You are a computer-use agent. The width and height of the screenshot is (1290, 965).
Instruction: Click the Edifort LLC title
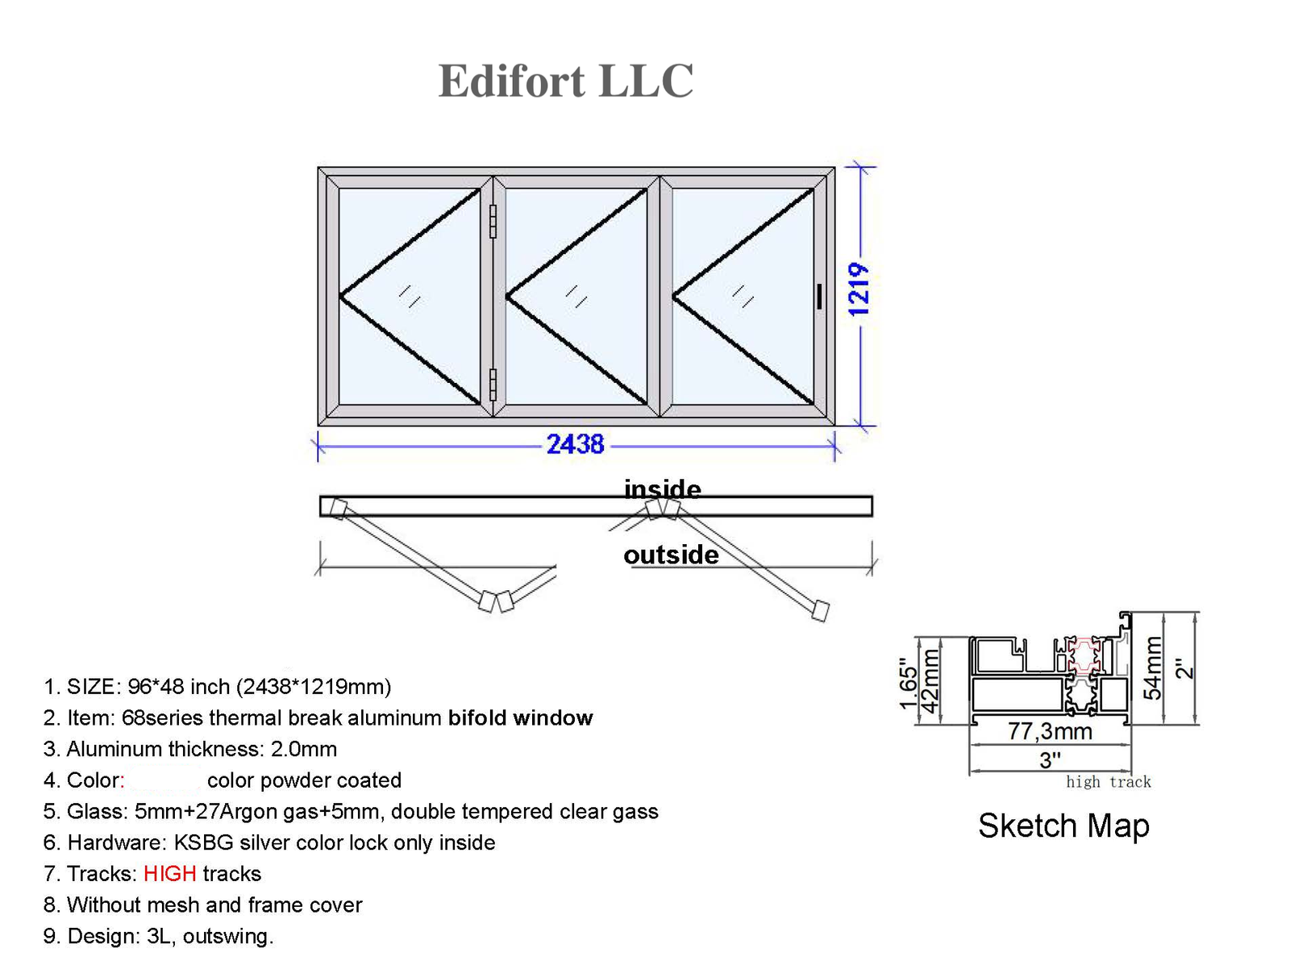pyautogui.click(x=565, y=81)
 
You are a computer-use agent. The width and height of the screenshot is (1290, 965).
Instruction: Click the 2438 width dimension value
pyautogui.click(x=575, y=444)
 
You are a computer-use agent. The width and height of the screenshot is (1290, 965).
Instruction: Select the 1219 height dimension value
pyautogui.click(x=859, y=289)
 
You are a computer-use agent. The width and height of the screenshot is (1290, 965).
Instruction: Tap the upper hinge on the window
pyautogui.click(x=493, y=221)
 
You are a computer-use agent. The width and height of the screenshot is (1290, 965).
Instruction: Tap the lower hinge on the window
pyautogui.click(x=493, y=385)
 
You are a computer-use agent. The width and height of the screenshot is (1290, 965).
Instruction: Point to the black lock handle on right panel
pyautogui.click(x=819, y=296)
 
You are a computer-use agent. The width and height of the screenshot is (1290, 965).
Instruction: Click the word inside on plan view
pyautogui.click(x=662, y=489)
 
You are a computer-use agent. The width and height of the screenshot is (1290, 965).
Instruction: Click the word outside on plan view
pyautogui.click(x=671, y=555)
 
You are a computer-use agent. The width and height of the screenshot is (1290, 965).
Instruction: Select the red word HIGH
pyautogui.click(x=169, y=873)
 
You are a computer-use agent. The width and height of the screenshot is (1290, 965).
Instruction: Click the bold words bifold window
pyautogui.click(x=520, y=718)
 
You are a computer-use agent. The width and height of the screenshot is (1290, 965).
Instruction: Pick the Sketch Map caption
pyautogui.click(x=1063, y=826)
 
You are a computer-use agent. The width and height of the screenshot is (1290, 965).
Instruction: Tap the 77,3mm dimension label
pyautogui.click(x=1050, y=731)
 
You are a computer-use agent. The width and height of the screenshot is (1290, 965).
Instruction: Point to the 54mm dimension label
pyautogui.click(x=1154, y=668)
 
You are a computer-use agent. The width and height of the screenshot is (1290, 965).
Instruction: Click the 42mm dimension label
pyautogui.click(x=930, y=681)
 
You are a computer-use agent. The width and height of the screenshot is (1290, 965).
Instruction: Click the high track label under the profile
pyautogui.click(x=1108, y=781)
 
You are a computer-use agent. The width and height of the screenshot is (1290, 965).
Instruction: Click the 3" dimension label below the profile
pyautogui.click(x=1050, y=759)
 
